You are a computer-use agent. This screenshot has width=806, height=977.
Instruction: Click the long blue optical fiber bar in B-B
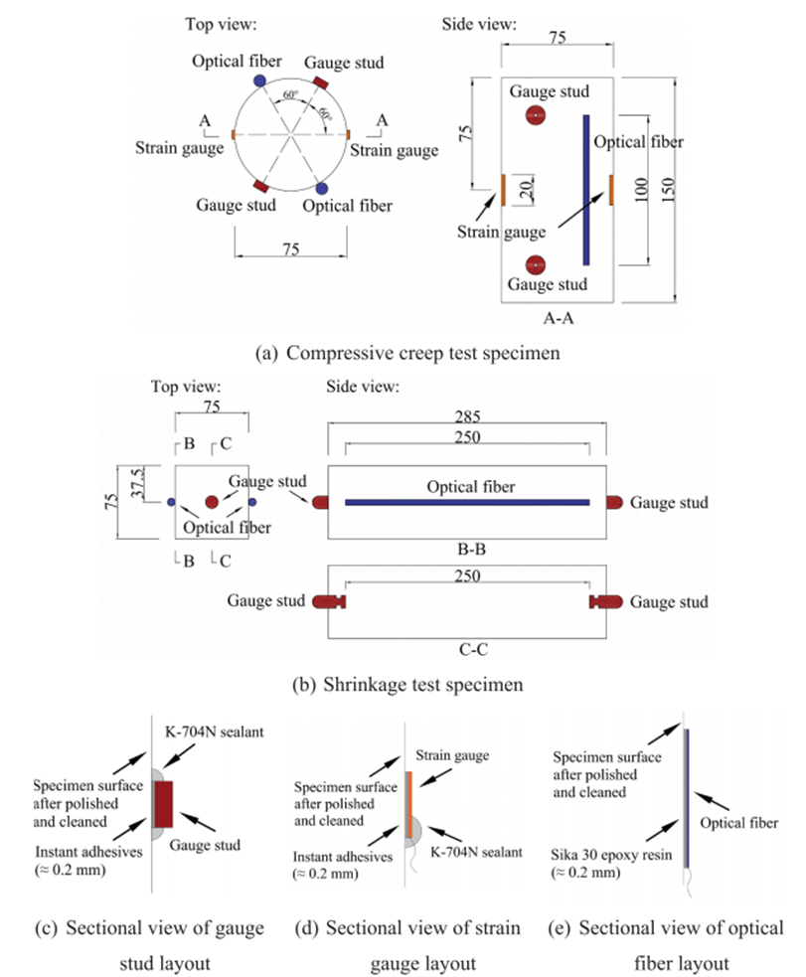(467, 503)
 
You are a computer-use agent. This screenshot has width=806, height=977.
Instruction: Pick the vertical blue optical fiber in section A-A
(586, 189)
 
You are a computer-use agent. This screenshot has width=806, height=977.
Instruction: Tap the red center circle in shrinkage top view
(212, 502)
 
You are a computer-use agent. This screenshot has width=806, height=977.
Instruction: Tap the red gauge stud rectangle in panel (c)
(163, 803)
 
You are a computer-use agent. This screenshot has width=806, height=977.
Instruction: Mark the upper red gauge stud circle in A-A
(536, 115)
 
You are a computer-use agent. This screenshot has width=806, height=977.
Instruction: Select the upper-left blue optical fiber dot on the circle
(259, 79)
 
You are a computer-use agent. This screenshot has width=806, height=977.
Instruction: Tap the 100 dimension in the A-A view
(647, 189)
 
